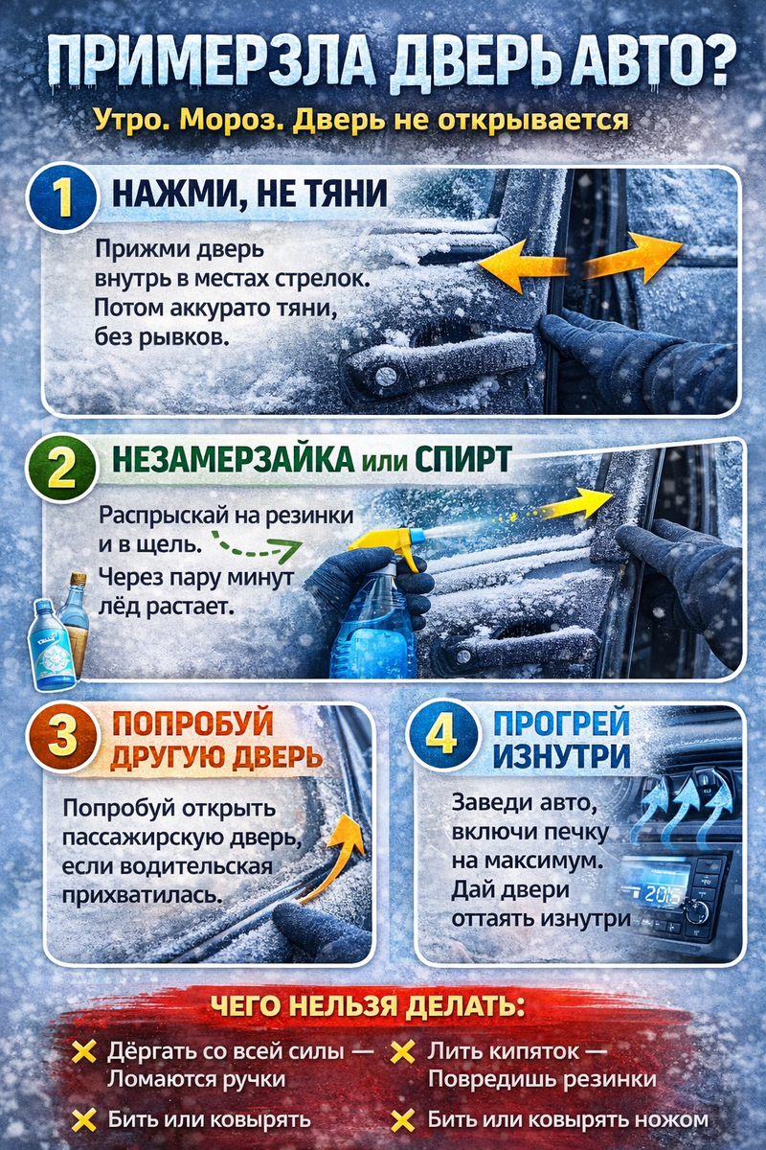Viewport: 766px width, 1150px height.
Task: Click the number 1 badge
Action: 62,198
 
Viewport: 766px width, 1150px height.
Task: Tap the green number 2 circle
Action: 61,469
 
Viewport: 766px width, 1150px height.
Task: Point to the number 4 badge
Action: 441,735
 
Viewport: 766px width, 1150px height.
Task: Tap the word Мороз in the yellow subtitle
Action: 233,121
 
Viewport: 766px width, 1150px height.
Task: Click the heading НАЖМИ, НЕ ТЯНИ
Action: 250,194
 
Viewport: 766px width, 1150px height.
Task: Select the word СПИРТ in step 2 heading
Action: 463,459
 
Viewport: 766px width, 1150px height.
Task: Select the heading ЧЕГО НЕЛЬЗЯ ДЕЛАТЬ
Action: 369,1007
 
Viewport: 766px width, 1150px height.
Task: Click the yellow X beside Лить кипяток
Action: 403,1053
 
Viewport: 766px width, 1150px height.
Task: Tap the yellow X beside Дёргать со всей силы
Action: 83,1052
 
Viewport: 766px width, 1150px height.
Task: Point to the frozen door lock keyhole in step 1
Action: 385,377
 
